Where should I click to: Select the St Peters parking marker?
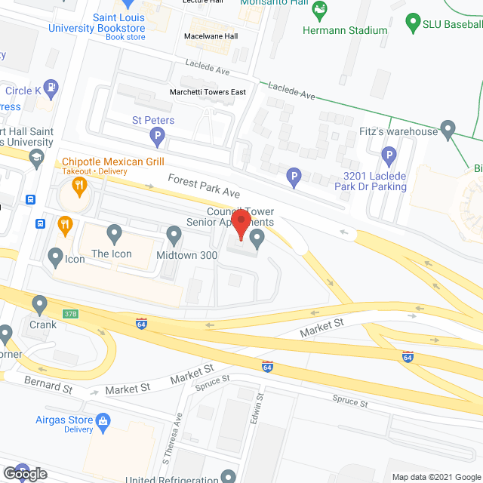click(158, 138)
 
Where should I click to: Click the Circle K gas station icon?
click(51, 87)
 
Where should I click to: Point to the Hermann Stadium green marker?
click(320, 11)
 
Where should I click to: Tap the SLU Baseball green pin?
click(413, 23)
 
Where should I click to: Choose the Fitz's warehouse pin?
click(448, 130)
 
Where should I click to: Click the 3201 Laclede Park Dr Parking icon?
click(389, 157)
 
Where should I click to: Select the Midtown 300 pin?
click(174, 236)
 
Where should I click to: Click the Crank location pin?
click(40, 304)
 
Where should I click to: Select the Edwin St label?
click(260, 408)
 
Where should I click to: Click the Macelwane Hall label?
click(212, 35)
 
